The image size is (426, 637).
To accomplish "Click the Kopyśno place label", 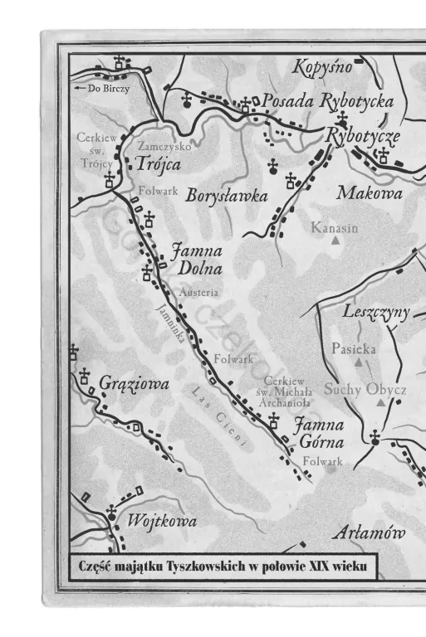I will (324, 68).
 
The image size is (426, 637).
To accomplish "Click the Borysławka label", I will (227, 197).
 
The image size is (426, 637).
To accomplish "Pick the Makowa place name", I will (369, 193).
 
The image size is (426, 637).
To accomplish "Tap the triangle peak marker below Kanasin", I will (335, 241).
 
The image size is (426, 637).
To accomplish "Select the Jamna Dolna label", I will (198, 258).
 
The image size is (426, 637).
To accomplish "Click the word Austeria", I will (198, 293).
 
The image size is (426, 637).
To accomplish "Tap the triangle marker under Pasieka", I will (359, 362).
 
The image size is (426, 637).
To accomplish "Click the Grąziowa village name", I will (134, 384).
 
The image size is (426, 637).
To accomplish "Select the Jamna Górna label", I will (320, 433).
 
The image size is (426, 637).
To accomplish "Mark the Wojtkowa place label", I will (162, 521).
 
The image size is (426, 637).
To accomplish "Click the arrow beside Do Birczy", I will (80, 88).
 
